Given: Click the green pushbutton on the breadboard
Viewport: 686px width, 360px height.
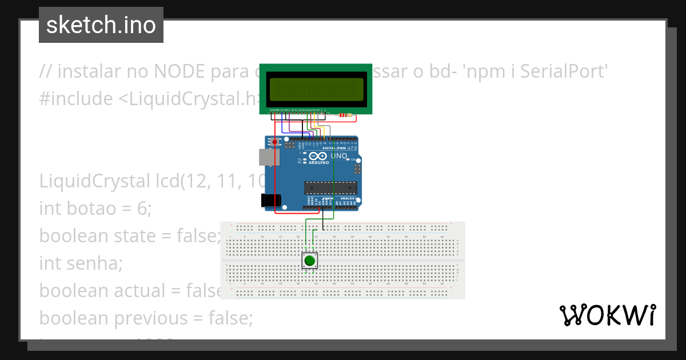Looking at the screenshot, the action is pos(309,261).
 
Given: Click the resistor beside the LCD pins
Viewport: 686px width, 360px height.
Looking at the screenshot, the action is pos(345,115).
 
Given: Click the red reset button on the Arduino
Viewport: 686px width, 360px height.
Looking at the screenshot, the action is pos(275,141).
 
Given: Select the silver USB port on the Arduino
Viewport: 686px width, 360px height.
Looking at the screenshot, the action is pos(266,157).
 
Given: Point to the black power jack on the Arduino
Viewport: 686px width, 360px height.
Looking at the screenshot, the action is pos(270,200).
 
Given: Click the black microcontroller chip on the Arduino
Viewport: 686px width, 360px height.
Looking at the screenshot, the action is pos(330,187).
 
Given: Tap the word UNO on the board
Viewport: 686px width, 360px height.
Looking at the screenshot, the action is pos(339,155).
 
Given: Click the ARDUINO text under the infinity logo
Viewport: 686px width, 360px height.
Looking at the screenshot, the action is pos(319,162).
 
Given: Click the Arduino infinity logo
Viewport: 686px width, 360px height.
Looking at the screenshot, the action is pos(318,155).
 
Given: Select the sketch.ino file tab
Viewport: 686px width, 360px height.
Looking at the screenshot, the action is pos(101,25).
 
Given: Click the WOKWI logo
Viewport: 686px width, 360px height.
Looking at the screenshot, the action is pos(608,315).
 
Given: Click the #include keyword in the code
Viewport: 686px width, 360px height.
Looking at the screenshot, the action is pos(76,99).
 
